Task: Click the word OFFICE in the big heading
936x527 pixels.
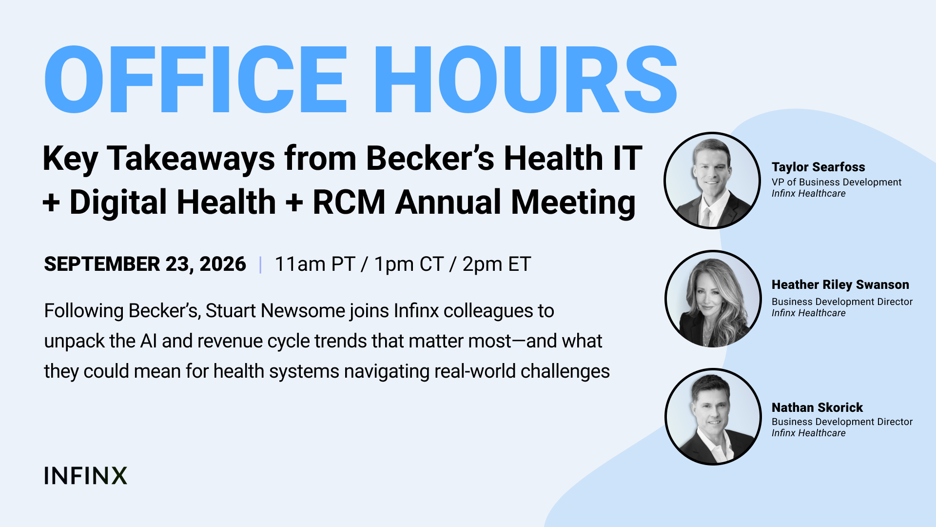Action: pyautogui.click(x=195, y=80)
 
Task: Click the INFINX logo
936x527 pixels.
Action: pyautogui.click(x=86, y=476)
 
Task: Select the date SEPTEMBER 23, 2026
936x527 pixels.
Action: pyautogui.click(x=145, y=264)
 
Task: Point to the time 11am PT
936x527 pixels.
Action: pyautogui.click(x=315, y=264)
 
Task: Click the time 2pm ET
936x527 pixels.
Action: pyautogui.click(x=496, y=264)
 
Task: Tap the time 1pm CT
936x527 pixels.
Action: pyautogui.click(x=409, y=264)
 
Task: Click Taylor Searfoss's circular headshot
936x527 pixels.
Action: pyautogui.click(x=712, y=180)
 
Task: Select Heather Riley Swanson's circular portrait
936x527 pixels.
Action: pyautogui.click(x=713, y=299)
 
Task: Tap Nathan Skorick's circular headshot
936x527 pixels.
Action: pyautogui.click(x=713, y=417)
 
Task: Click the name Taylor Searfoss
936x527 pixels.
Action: pyautogui.click(x=819, y=167)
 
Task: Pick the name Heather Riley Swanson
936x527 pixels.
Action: pyautogui.click(x=840, y=284)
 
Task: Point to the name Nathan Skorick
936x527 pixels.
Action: pyautogui.click(x=818, y=407)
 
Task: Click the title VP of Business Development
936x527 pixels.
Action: pyautogui.click(x=837, y=182)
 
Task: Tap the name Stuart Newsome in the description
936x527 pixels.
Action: pyautogui.click(x=275, y=311)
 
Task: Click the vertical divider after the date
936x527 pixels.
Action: pyautogui.click(x=261, y=264)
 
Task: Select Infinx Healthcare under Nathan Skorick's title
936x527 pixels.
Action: pyautogui.click(x=809, y=433)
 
